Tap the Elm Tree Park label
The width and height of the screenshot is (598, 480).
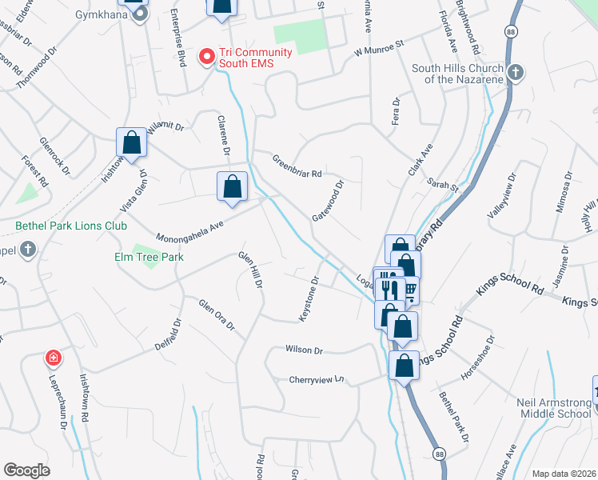coord(149,257)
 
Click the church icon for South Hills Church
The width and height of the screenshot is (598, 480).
coord(516,73)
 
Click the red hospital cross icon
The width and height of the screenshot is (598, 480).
coord(54,358)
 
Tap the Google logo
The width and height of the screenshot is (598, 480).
coord(26,470)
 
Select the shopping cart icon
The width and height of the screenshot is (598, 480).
coord(410,290)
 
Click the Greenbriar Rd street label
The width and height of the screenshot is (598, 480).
coord(297,166)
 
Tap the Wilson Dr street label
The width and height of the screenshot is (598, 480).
coord(304,350)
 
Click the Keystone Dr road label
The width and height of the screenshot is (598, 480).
coord(309,299)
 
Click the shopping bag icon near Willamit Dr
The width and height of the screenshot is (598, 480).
coord(132,143)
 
